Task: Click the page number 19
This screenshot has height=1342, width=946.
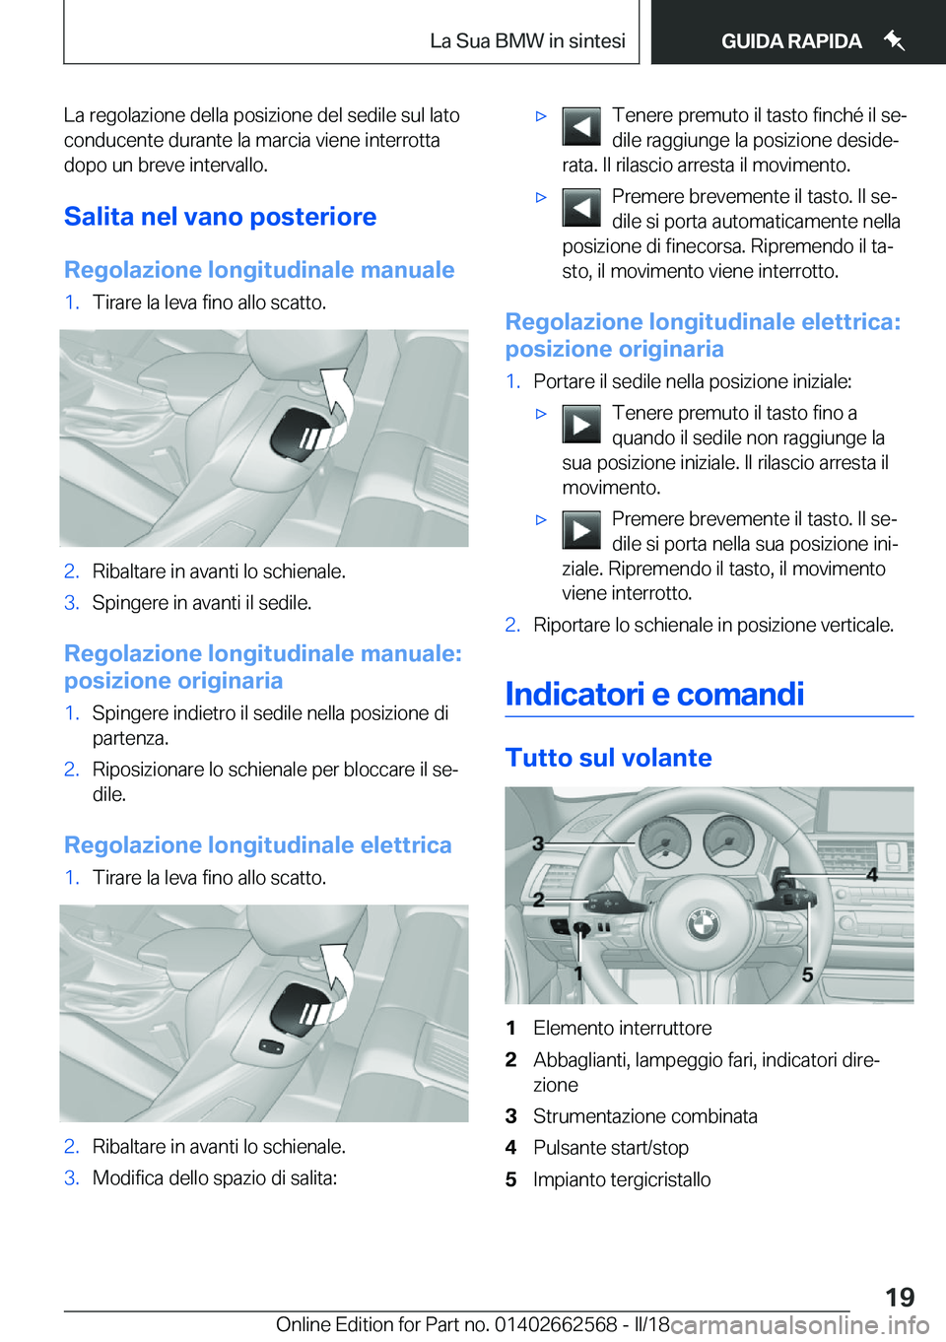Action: tap(899, 1297)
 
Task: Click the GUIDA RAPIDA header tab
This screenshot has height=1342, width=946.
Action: tap(791, 41)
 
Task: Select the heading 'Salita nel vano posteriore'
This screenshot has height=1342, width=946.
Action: tap(220, 217)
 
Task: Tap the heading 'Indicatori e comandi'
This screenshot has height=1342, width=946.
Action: tap(654, 695)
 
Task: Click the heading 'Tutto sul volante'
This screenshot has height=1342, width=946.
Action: tap(608, 758)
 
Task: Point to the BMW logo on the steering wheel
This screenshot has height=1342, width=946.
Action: tap(704, 923)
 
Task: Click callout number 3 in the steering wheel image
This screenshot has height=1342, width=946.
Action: tap(538, 843)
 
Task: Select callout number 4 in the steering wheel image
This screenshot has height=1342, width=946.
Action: tap(872, 874)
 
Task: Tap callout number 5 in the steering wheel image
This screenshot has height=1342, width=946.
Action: tap(807, 974)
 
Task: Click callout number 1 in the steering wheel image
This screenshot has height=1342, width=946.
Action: tap(579, 973)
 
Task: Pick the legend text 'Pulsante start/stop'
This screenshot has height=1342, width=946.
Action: tap(610, 1148)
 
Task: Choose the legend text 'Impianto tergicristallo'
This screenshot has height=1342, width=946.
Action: tap(621, 1179)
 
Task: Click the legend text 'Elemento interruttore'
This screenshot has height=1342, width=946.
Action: tap(622, 1028)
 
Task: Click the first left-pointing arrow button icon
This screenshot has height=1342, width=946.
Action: tap(581, 127)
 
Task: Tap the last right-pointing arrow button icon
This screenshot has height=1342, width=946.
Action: tap(581, 530)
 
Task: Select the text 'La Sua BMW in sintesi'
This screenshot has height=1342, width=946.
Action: tap(527, 41)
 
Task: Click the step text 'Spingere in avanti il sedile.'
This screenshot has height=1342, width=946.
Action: tap(201, 603)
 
